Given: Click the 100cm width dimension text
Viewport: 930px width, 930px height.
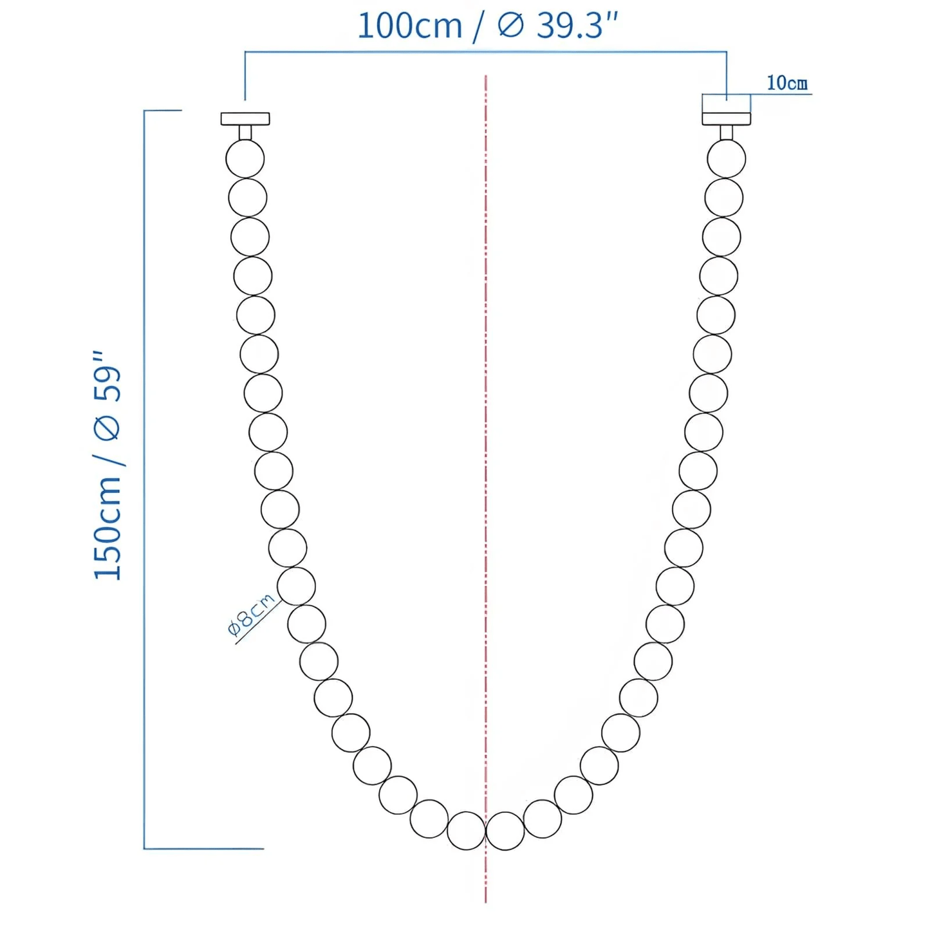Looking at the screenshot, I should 409,26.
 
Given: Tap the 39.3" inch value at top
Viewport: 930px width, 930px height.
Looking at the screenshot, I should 577,26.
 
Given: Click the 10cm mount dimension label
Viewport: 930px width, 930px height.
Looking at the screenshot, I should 786,83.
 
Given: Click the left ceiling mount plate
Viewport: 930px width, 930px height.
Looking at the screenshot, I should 245,118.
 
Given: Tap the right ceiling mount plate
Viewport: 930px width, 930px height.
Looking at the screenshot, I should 726,118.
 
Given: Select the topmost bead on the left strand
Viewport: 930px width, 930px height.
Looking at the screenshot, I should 245,158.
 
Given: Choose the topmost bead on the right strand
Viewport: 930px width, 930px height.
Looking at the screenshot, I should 726,158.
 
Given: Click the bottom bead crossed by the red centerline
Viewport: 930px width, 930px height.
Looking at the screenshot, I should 505,830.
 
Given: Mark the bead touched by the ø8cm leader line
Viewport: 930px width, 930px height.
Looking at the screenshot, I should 296,586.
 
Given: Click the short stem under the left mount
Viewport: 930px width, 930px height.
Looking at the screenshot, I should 245,133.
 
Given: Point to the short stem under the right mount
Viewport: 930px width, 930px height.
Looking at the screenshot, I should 726,133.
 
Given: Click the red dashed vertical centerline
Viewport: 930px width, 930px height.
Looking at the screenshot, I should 486,451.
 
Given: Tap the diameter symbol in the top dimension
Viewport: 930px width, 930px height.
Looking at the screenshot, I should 511,26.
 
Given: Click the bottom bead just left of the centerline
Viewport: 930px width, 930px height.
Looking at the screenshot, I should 466,830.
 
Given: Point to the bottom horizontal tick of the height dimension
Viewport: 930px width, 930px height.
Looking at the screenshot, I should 203,848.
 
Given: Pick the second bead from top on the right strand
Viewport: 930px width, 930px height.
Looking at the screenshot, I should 723,198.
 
